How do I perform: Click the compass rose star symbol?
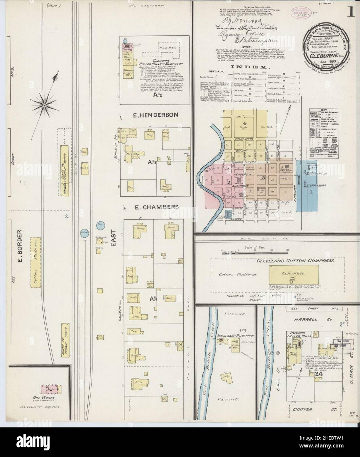tap(44, 105)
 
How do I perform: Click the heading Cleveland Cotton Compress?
tap(296, 260)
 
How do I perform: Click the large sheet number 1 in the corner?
tap(352, 12)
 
